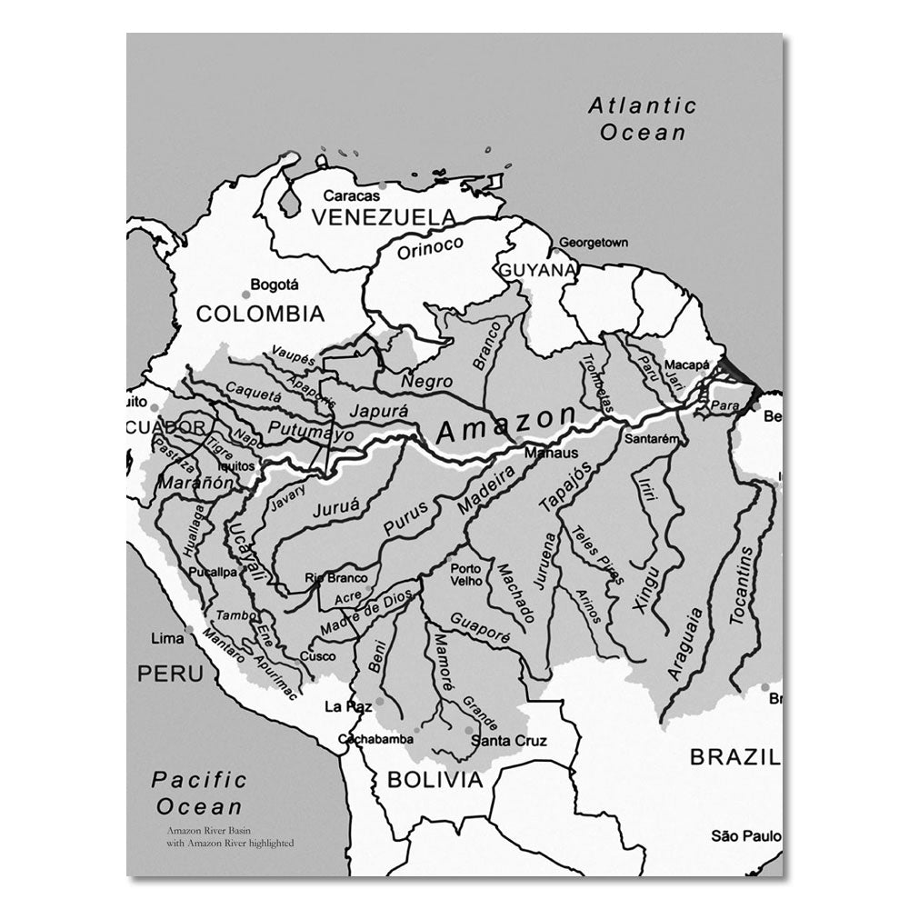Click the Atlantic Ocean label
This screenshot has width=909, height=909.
(x=642, y=119)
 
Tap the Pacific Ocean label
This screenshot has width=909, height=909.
(x=199, y=793)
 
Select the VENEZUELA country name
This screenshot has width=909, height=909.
(x=383, y=217)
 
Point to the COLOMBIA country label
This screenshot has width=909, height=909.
(x=260, y=315)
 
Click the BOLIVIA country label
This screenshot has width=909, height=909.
(x=435, y=779)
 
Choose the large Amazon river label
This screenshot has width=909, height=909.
(x=505, y=425)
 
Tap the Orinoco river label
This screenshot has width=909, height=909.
(x=430, y=247)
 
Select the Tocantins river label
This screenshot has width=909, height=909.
(x=742, y=584)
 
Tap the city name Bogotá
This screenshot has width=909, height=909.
(x=275, y=285)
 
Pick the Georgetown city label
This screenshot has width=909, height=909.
(x=593, y=243)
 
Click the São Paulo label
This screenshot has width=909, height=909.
(x=745, y=835)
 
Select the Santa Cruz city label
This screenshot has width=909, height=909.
(x=509, y=741)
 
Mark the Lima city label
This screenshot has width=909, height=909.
(x=166, y=638)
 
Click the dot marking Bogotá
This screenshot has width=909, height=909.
(x=245, y=295)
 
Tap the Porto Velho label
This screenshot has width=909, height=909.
(x=465, y=574)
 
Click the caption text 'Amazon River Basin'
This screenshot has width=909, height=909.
(x=205, y=831)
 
